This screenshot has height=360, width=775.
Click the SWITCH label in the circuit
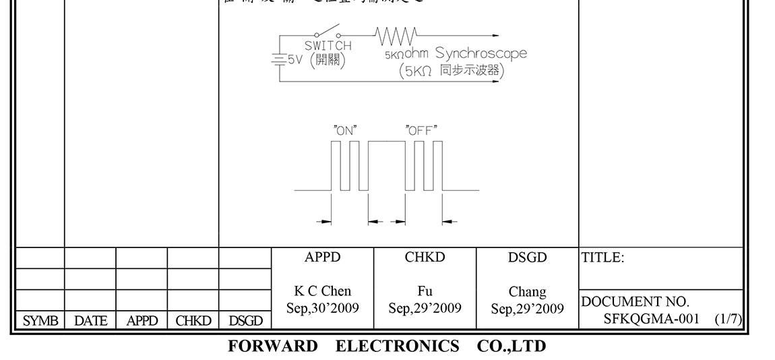pyautogui.click(x=328, y=46)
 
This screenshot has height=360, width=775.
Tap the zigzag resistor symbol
pyautogui.click(x=397, y=34)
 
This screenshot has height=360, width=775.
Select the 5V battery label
pyautogui.click(x=294, y=59)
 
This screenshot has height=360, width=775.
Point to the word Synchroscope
pyautogui.click(x=480, y=53)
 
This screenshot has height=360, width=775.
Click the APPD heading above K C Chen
pyautogui.click(x=322, y=258)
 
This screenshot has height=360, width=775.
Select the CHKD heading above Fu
pyautogui.click(x=425, y=258)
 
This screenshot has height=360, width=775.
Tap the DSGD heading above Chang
pyautogui.click(x=527, y=258)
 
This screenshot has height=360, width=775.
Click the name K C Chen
pyautogui.click(x=322, y=292)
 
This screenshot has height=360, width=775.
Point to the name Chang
pyautogui.click(x=527, y=292)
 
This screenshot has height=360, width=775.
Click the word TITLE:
pyautogui.click(x=602, y=258)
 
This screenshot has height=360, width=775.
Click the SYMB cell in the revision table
pyautogui.click(x=40, y=322)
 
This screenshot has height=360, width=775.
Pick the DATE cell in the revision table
pyautogui.click(x=90, y=322)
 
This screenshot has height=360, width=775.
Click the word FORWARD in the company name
pyautogui.click(x=273, y=347)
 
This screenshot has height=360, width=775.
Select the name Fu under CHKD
pyautogui.click(x=425, y=292)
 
